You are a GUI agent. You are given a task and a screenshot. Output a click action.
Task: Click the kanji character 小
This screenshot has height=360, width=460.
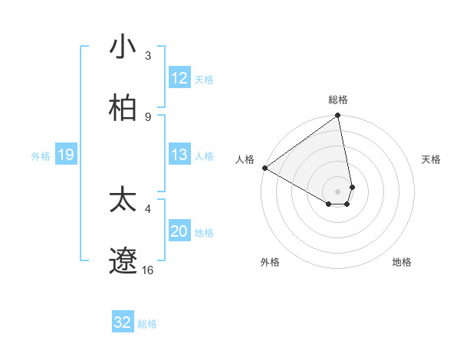[x=123, y=47]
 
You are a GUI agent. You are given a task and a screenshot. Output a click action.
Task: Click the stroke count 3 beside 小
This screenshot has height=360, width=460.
[x=148, y=56]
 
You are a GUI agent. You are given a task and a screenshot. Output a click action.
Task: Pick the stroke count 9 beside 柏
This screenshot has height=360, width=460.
[x=148, y=116]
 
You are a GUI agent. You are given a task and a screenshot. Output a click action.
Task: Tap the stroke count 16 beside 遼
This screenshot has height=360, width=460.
[x=148, y=270]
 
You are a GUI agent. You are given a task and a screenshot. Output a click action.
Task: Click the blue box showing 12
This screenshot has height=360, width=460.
[x=179, y=78]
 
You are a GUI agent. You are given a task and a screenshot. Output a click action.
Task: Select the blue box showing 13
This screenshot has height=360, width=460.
[x=179, y=155]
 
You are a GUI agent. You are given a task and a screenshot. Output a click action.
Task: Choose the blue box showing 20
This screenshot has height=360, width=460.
[x=179, y=231]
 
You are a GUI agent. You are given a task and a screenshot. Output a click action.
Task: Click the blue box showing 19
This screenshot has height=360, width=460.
[x=65, y=155]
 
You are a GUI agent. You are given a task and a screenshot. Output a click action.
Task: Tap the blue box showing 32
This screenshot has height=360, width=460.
[x=123, y=322]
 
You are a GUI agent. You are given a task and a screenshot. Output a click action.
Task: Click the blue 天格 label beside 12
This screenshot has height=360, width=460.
[x=204, y=79]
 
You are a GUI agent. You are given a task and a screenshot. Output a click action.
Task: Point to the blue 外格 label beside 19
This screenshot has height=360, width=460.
[x=41, y=156]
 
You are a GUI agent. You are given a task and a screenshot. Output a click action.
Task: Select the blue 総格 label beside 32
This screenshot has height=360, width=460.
[x=147, y=324]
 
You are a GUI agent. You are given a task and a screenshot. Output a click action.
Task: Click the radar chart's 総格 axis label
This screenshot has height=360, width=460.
[x=338, y=100]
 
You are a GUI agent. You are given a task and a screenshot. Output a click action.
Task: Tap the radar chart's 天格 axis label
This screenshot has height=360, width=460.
[x=432, y=159]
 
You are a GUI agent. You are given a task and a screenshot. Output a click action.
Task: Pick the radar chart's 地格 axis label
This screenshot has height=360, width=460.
[x=402, y=262]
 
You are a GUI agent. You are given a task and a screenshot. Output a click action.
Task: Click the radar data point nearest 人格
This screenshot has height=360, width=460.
[x=264, y=168]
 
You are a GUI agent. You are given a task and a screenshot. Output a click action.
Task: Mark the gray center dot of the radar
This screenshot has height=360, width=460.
[x=338, y=191]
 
